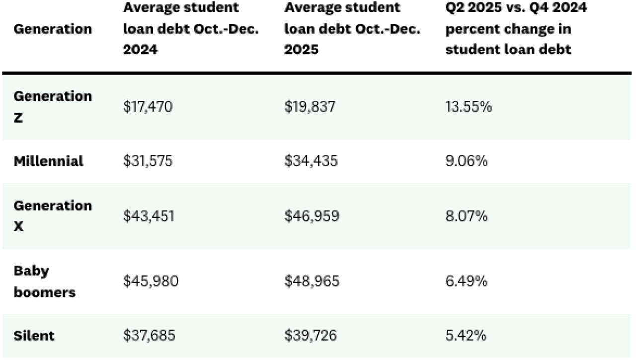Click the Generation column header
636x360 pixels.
(x=53, y=29)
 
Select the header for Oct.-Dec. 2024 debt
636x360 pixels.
(x=191, y=29)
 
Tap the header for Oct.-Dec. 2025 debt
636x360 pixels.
(x=352, y=29)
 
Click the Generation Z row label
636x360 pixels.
(x=53, y=107)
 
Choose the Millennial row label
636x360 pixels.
(x=49, y=161)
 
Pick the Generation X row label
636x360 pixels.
(x=53, y=216)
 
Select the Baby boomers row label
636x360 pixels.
(x=45, y=281)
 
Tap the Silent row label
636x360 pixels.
(x=34, y=336)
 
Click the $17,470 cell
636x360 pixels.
(x=148, y=107)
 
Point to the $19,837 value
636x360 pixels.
(x=310, y=107)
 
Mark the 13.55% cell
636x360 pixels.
(x=469, y=107)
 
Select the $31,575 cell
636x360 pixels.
(x=148, y=161)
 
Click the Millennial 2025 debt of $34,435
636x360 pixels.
(x=312, y=161)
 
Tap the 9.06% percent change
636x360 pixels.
(x=467, y=161)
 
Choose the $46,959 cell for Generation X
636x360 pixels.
(x=312, y=216)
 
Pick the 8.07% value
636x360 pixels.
(x=467, y=216)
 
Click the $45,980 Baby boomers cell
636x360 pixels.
(x=151, y=282)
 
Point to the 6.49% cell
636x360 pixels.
(x=467, y=282)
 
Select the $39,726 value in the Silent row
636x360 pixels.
(x=311, y=336)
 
